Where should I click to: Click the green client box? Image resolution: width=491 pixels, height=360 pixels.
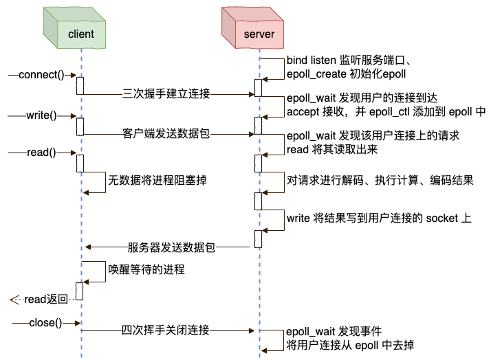[74, 28]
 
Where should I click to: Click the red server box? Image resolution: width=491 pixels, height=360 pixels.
[252, 28]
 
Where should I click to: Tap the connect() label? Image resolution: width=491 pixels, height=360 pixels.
[41, 75]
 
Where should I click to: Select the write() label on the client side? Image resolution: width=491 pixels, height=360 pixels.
[41, 115]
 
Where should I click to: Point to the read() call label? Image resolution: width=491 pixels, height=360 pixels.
[41, 153]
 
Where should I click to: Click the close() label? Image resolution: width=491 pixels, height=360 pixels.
[45, 322]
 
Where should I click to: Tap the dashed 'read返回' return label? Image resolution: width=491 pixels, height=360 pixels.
[46, 300]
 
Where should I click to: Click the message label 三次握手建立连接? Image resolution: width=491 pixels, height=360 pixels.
[166, 93]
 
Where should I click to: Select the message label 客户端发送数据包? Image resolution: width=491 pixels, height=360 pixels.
[166, 133]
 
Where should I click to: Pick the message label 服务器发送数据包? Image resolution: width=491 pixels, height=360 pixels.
[171, 247]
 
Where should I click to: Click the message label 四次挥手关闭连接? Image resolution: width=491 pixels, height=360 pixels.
[165, 330]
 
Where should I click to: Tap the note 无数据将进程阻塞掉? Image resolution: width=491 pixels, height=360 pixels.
[157, 180]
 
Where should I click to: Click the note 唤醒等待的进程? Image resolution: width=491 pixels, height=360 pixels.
[146, 269]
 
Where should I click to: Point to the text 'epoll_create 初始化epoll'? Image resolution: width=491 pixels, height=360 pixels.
[347, 74]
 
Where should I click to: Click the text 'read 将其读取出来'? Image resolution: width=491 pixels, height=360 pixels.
[332, 149]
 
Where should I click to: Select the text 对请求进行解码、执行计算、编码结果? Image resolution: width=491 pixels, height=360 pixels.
[380, 180]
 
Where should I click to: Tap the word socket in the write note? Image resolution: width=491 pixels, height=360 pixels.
[442, 218]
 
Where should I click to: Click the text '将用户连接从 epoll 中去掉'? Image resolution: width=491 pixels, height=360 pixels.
[350, 346]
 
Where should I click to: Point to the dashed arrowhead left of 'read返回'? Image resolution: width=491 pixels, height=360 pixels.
[14, 300]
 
